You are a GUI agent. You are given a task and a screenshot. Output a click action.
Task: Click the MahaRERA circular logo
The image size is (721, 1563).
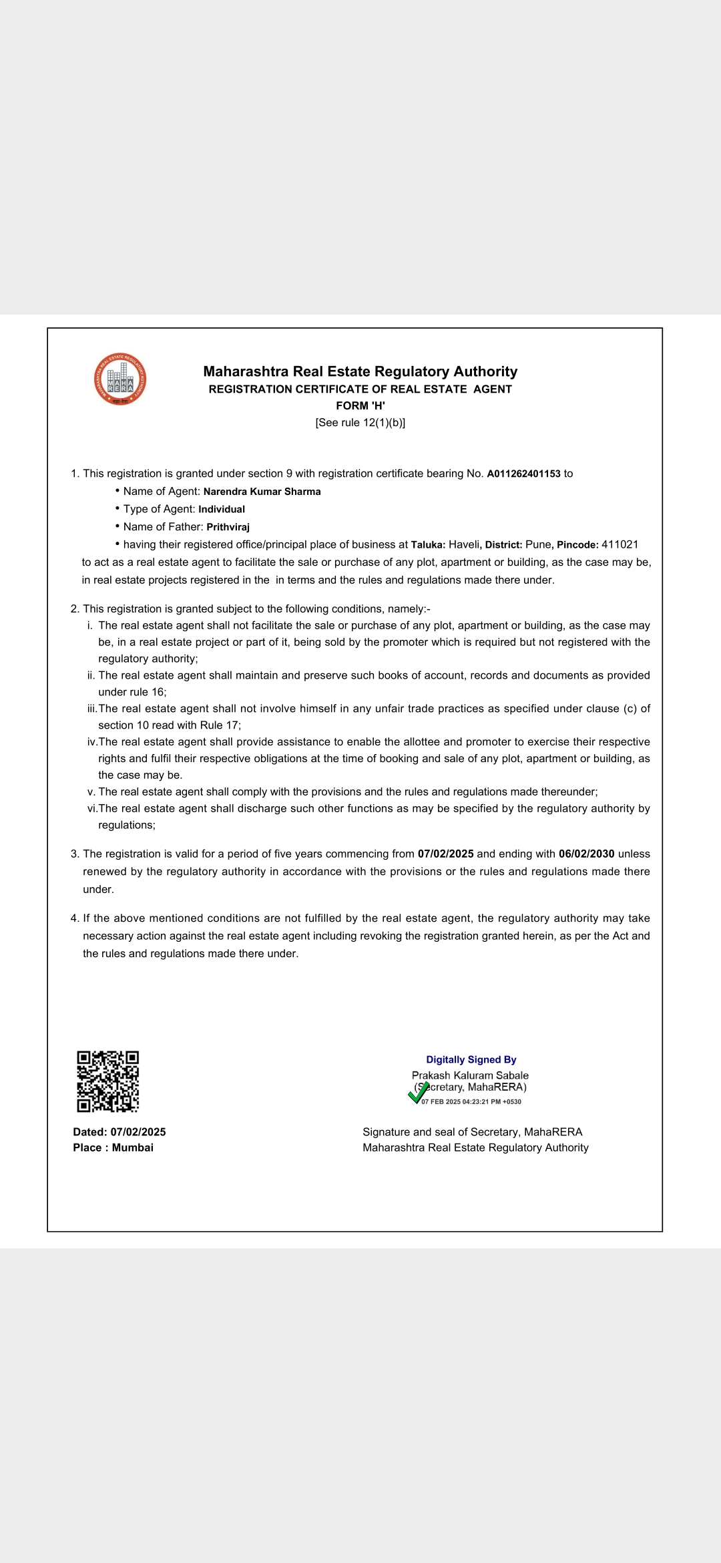[120, 379]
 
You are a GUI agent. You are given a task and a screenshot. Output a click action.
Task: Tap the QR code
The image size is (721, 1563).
[107, 1081]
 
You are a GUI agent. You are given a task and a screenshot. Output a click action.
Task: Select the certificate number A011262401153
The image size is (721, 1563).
[523, 474]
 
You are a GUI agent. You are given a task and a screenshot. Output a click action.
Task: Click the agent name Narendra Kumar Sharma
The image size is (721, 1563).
[262, 492]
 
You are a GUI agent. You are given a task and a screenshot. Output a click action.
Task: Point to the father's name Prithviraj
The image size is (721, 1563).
[228, 527]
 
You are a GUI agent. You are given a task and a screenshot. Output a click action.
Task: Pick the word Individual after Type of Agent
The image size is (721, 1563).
[222, 509]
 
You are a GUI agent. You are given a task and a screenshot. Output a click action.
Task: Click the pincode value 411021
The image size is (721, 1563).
[620, 544]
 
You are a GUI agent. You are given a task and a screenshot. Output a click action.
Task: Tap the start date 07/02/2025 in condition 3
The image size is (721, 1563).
[445, 854]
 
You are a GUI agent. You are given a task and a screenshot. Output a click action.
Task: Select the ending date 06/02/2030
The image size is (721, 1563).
[586, 854]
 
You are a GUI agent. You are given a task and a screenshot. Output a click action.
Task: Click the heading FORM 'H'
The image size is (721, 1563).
[360, 405]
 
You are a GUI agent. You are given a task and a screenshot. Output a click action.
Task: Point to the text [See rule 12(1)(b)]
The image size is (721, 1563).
[360, 423]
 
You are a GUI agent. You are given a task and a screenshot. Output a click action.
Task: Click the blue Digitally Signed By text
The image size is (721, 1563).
[471, 1059]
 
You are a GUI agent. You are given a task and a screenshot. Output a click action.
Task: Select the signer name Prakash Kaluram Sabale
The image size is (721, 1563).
[470, 1075]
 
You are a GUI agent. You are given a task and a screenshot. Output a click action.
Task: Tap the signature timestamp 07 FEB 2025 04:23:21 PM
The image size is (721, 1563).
[471, 1102]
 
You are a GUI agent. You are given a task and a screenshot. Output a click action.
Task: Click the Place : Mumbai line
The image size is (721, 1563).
[113, 1148]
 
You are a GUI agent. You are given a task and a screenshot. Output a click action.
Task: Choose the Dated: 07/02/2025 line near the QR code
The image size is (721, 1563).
[119, 1132]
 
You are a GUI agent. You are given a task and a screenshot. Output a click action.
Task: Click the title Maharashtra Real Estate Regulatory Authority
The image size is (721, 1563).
[360, 371]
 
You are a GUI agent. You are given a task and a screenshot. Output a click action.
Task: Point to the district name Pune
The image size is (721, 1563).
[537, 544]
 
